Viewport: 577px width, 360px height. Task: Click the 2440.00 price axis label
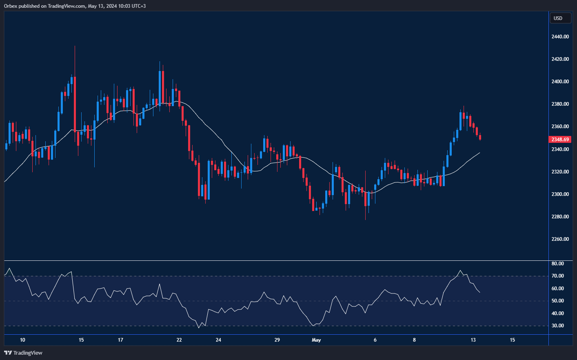coord(560,37)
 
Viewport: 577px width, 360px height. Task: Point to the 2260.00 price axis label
coord(560,239)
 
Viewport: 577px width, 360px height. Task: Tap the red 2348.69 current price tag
coord(560,140)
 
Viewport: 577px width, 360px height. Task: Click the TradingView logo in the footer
coord(23,353)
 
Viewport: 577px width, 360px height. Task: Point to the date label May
coord(316,340)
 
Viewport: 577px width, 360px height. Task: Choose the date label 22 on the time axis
coord(179,340)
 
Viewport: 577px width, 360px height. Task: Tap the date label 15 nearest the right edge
coord(512,340)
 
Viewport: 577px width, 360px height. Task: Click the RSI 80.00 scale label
coord(557,264)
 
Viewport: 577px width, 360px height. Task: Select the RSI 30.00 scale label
coord(557,326)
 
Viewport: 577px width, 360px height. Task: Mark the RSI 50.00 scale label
coord(557,301)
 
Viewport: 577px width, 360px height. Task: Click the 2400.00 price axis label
coord(560,82)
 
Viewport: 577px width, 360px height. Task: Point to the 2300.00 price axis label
coord(560,194)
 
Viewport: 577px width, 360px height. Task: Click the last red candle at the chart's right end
coord(480,137)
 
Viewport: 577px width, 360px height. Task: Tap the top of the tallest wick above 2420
coord(75,47)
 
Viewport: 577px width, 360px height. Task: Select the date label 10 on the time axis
coord(22,340)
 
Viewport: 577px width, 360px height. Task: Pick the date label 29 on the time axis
coord(277,340)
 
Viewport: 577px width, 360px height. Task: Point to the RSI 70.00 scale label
coord(557,276)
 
